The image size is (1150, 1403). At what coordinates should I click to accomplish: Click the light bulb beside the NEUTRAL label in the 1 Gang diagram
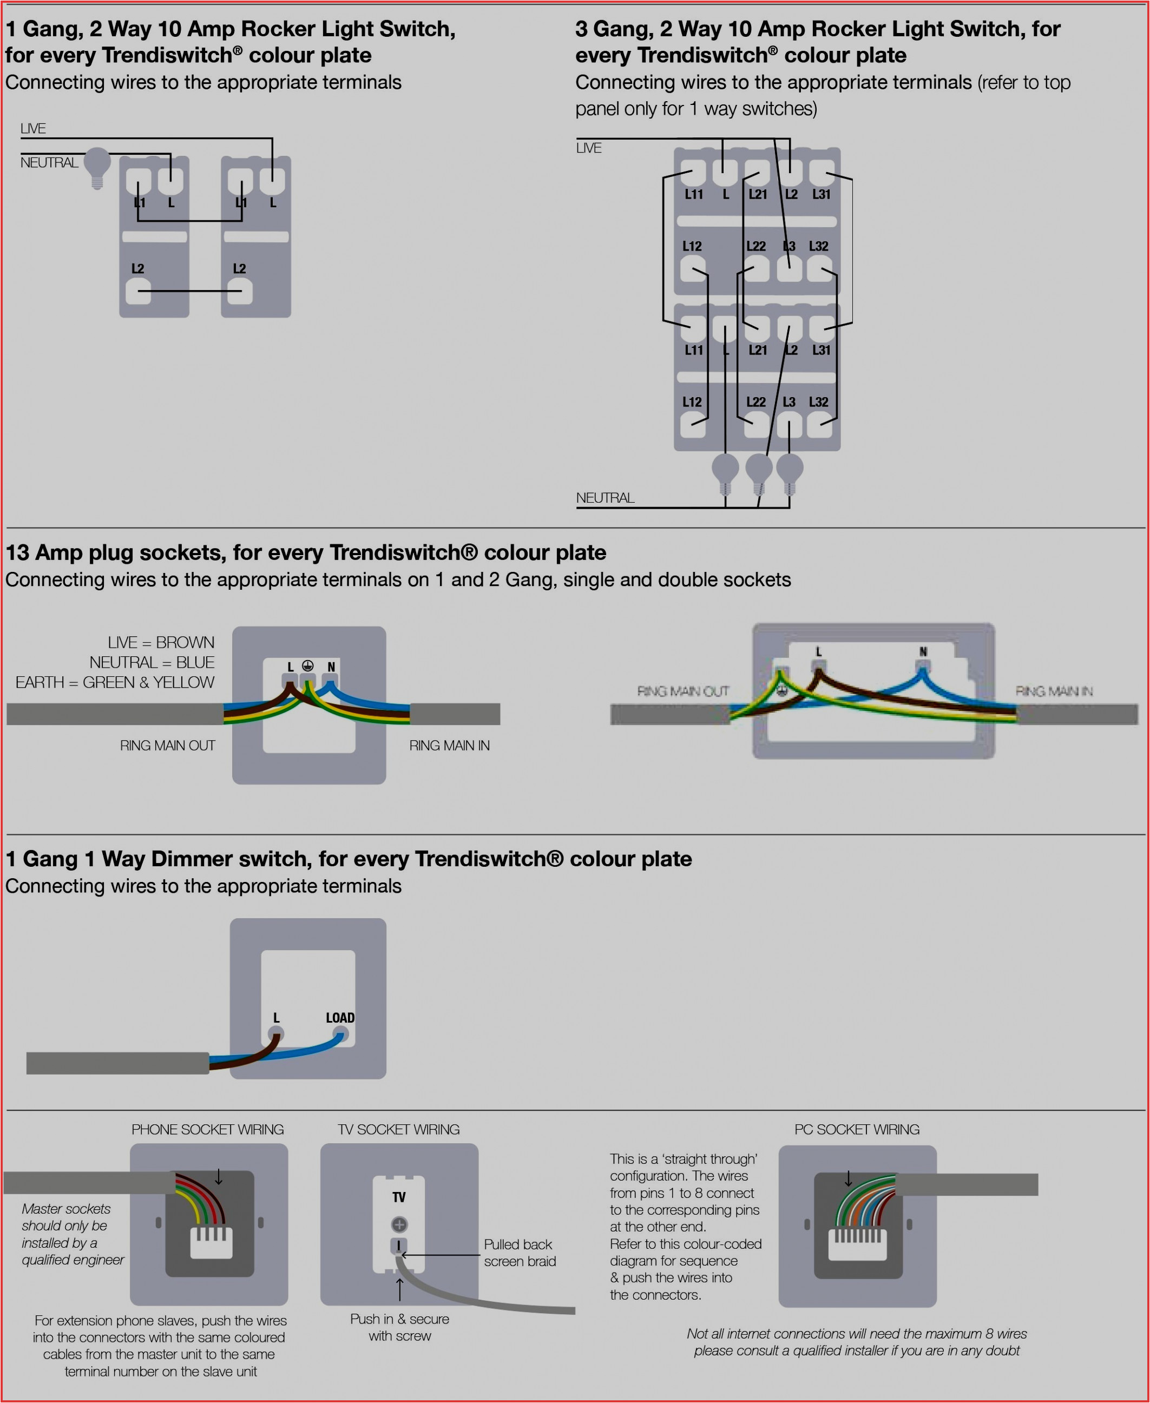click(x=97, y=166)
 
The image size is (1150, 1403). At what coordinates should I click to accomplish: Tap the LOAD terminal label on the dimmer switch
click(x=340, y=1017)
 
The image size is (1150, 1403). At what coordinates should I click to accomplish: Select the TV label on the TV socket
click(x=399, y=1197)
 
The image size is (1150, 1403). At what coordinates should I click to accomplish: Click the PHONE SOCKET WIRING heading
click(x=207, y=1129)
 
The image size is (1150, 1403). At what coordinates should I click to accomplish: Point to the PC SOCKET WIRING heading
click(x=857, y=1129)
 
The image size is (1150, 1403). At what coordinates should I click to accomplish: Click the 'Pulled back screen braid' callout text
click(x=520, y=1253)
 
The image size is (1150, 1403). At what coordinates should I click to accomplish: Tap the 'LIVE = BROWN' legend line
click(x=161, y=643)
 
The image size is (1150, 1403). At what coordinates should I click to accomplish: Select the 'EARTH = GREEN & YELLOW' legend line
click(x=115, y=682)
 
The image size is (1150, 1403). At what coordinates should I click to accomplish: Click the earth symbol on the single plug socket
click(x=307, y=666)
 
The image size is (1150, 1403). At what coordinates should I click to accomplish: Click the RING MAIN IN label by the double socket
click(x=1053, y=691)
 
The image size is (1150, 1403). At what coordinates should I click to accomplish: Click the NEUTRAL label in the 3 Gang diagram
click(x=605, y=497)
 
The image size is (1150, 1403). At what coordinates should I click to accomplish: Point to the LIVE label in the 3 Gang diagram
click(x=588, y=148)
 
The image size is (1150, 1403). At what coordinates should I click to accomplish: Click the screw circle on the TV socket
click(x=399, y=1224)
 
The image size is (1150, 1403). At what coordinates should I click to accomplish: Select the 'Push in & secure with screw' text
click(x=399, y=1327)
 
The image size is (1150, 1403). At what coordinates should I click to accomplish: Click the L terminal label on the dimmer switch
click(x=276, y=1017)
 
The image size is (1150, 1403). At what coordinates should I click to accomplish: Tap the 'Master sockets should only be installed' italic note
click(x=71, y=1234)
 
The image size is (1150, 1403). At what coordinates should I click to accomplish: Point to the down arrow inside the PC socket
click(x=848, y=1179)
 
